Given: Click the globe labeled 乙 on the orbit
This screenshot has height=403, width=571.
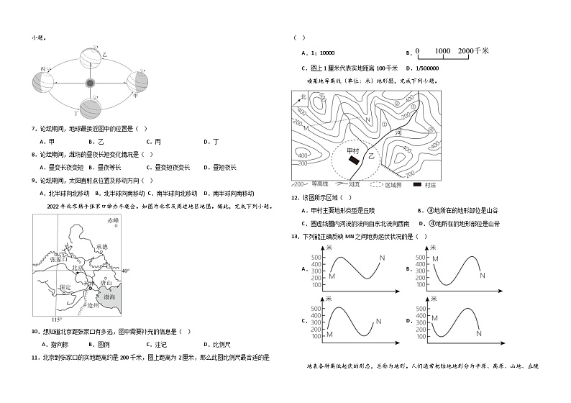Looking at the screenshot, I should click(93, 55).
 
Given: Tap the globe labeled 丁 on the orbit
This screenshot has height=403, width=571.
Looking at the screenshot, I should click(90, 109).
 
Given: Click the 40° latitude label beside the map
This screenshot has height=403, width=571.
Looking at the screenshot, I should click(126, 271).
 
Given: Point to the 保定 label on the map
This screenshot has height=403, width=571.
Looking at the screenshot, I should click(66, 286).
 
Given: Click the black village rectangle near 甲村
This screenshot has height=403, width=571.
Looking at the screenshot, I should click(353, 160).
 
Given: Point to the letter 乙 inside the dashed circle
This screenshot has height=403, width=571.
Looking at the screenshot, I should click(371, 154).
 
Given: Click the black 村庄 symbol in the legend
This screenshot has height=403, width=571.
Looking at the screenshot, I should click(416, 185).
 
